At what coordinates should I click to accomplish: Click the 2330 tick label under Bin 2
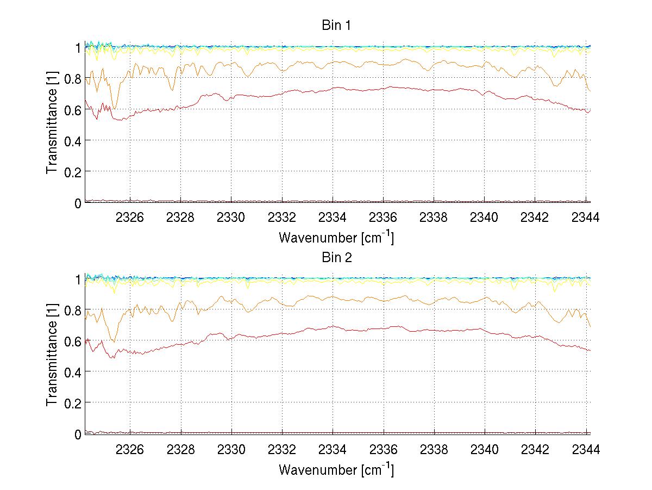coord(231,450)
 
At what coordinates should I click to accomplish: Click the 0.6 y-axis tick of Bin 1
coord(73,109)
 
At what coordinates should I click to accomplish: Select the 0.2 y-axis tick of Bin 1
coord(73,172)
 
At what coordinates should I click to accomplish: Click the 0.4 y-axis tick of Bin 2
coord(73,372)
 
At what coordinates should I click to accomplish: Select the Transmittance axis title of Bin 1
coord(52,125)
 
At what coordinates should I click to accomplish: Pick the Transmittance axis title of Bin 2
coord(52,356)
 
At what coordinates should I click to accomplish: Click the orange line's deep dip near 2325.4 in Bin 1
coord(114,108)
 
